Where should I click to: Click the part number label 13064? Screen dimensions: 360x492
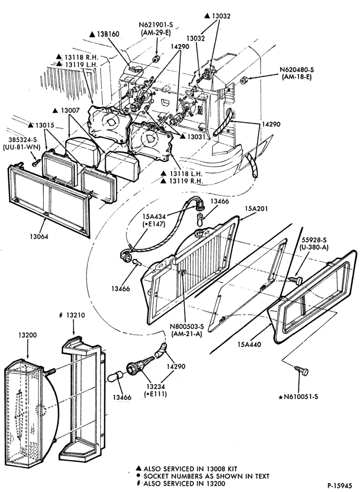(x=39, y=236)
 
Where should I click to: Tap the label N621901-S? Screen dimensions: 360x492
(x=157, y=25)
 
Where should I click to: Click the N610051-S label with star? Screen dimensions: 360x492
(x=298, y=397)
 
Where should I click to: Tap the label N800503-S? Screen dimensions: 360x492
(x=186, y=327)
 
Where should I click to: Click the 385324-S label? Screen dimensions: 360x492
(x=20, y=140)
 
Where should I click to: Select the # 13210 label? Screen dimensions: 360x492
(x=72, y=315)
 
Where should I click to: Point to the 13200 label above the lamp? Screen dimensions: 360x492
(x=27, y=335)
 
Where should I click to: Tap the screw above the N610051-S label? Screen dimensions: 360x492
(x=301, y=370)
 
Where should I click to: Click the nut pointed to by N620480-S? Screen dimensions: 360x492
(x=243, y=81)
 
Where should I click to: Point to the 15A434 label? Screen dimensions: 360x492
(x=153, y=216)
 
